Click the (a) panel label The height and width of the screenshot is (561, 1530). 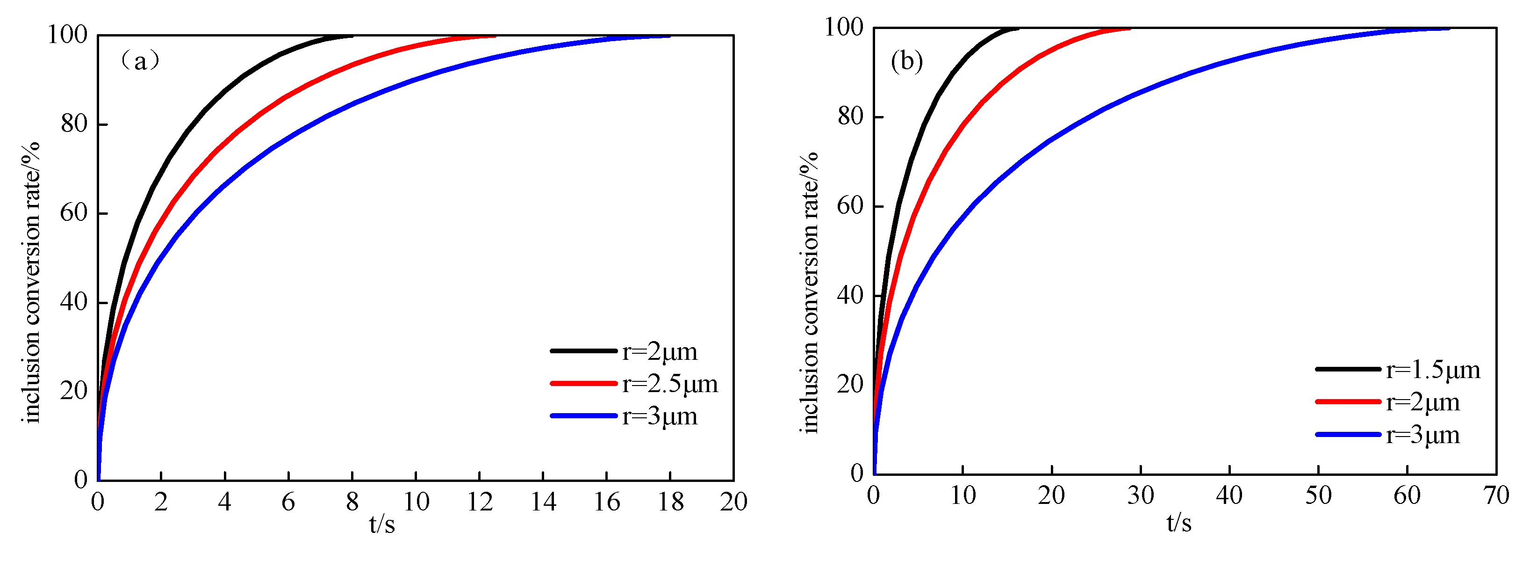coord(140,61)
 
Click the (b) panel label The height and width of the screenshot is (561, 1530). coord(906,61)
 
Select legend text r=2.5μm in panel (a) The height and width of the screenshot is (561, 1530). coord(670,384)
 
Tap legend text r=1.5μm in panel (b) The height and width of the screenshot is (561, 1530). coord(1433,370)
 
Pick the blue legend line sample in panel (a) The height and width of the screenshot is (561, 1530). coord(584,416)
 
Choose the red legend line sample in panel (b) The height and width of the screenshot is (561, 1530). coord(1348,402)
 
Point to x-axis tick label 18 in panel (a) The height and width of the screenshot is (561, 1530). coord(670,502)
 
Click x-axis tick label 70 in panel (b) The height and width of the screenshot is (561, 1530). coord(1495,495)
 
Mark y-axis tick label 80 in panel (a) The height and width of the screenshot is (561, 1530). coord(74,124)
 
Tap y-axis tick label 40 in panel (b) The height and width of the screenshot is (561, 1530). coord(850,295)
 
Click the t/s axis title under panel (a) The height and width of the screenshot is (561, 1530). coord(382,524)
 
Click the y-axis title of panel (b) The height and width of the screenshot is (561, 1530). coord(810,292)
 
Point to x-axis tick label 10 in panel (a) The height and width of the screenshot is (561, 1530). coord(416,502)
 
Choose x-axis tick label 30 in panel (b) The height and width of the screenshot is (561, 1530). coord(1141,495)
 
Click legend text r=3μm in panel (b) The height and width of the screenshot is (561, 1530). coord(1422,435)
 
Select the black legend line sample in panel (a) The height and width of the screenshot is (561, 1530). coord(584,351)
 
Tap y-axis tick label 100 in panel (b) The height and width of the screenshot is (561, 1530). coord(843,27)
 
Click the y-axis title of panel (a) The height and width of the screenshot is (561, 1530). coord(31,282)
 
